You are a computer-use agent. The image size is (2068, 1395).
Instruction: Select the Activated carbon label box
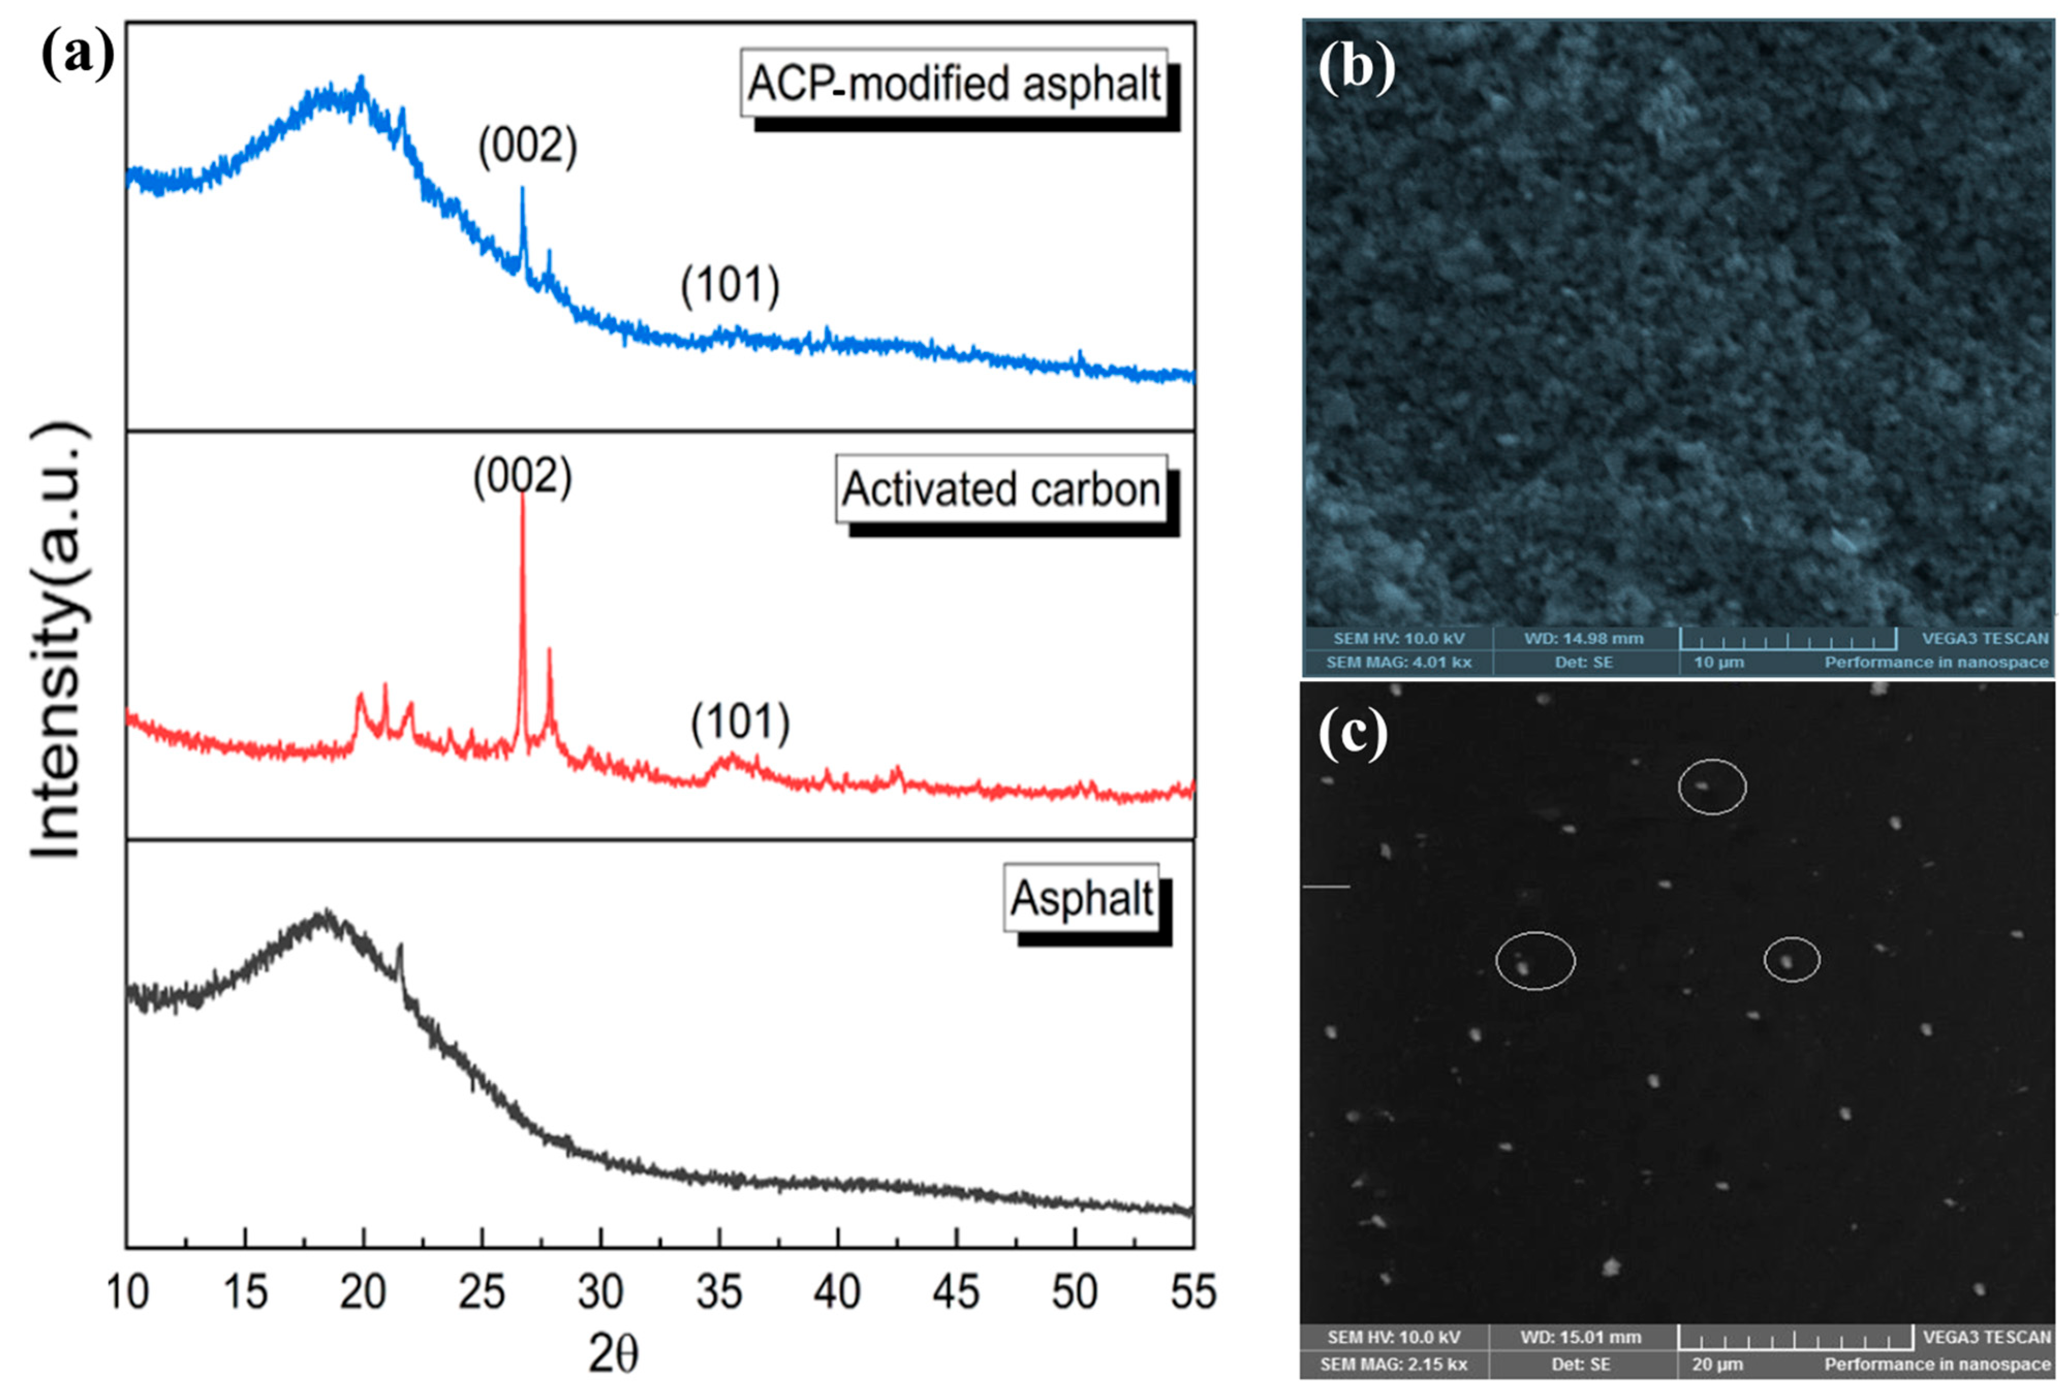click(x=1001, y=489)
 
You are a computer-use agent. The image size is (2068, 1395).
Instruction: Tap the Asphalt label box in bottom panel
click(x=1081, y=898)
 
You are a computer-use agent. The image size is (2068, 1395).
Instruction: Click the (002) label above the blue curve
click(x=528, y=145)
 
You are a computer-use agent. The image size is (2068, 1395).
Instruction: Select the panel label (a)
click(x=79, y=55)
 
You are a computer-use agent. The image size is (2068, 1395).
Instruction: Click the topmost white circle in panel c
click(x=1712, y=786)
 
